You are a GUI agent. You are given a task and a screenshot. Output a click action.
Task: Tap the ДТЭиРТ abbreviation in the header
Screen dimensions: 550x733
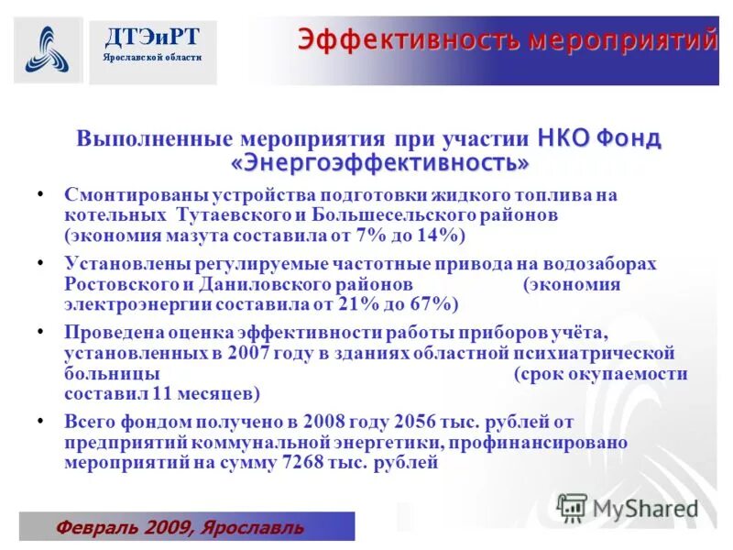152,37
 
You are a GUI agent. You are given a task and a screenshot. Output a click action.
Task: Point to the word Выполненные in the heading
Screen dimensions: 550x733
155,139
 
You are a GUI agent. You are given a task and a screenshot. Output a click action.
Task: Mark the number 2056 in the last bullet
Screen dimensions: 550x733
415,423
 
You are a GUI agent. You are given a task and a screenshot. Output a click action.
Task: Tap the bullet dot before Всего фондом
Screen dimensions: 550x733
41,421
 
